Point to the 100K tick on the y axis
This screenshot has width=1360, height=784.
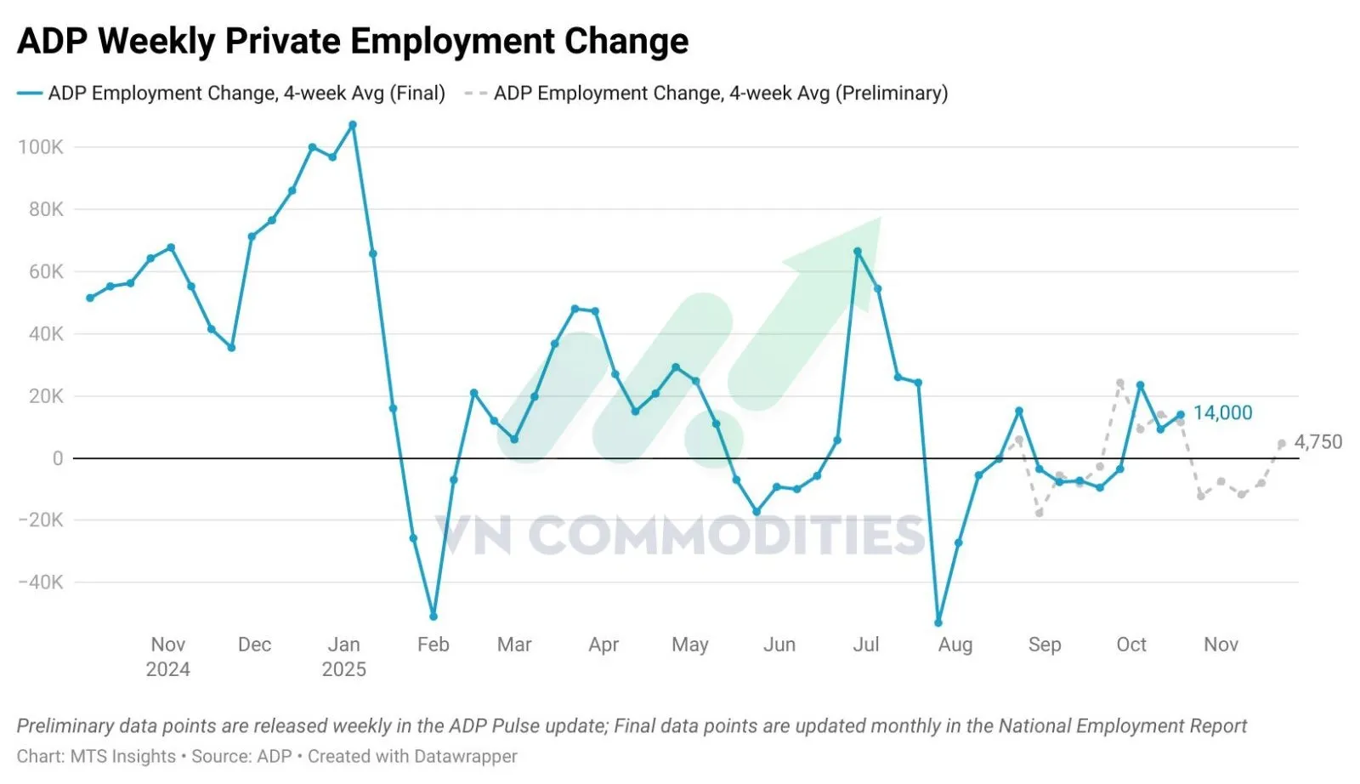pyautogui.click(x=41, y=147)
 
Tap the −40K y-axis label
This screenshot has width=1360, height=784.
pyautogui.click(x=41, y=582)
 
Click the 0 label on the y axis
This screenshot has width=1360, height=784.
pyautogui.click(x=58, y=458)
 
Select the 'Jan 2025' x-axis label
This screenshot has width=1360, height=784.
pyautogui.click(x=344, y=656)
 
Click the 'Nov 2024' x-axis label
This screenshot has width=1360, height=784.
pyautogui.click(x=168, y=656)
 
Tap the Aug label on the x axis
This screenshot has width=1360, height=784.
pyautogui.click(x=955, y=645)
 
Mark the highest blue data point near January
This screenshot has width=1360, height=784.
pyautogui.click(x=353, y=125)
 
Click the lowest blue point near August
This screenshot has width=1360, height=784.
pyautogui.click(x=938, y=622)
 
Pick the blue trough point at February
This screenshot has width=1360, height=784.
pyautogui.click(x=433, y=616)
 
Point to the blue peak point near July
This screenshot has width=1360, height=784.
pyautogui.click(x=858, y=252)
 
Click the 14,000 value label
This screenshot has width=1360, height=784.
pyautogui.click(x=1222, y=413)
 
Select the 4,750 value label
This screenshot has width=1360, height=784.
pyautogui.click(x=1317, y=442)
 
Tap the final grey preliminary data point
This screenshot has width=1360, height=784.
pyautogui.click(x=1282, y=444)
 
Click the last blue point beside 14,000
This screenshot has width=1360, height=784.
pyautogui.click(x=1181, y=415)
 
